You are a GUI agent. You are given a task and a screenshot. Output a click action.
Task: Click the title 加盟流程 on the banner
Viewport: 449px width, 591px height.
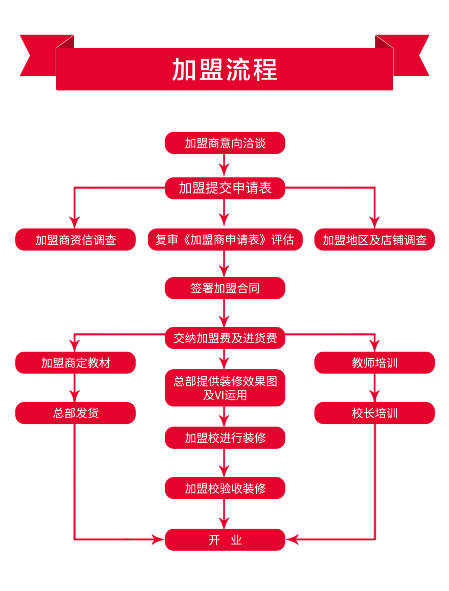tap(225, 70)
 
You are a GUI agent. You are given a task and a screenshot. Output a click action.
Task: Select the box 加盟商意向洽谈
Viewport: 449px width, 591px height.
tap(225, 143)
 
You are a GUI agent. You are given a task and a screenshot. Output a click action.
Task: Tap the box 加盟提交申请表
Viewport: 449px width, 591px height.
tap(225, 188)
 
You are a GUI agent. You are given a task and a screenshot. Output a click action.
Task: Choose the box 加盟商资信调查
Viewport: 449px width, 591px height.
tap(75, 239)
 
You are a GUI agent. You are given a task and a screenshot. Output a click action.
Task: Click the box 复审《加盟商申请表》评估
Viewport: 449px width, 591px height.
tap(225, 239)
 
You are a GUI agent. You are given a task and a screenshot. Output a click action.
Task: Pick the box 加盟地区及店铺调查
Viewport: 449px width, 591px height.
tap(374, 239)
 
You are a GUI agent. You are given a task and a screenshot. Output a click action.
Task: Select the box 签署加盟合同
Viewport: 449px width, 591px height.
tap(225, 288)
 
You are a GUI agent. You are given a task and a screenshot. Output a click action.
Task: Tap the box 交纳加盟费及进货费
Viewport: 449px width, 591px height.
tap(225, 338)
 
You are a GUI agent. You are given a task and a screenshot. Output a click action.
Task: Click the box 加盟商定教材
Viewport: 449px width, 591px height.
tap(75, 363)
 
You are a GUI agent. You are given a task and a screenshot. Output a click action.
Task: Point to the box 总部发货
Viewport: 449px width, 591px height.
tap(75, 413)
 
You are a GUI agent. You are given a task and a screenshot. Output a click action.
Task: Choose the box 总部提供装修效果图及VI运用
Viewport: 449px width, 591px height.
tap(225, 388)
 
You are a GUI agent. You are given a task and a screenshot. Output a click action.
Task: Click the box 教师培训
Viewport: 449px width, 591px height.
tap(374, 363)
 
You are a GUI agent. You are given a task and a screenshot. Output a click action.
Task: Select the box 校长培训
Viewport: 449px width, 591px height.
tap(374, 413)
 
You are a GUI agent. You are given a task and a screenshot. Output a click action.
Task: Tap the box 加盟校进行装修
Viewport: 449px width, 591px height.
tap(225, 438)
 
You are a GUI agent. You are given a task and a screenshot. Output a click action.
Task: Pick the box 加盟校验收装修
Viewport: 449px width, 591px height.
tap(225, 488)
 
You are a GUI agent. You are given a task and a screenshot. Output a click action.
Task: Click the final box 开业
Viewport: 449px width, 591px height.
tap(225, 540)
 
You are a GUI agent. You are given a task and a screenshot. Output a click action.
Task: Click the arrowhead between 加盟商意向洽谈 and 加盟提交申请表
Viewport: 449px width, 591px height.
tap(224, 170)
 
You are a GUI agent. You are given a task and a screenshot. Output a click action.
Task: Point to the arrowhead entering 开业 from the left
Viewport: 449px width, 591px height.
tap(158, 540)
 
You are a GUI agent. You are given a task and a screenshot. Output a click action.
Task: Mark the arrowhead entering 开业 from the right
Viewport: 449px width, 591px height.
tap(292, 540)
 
